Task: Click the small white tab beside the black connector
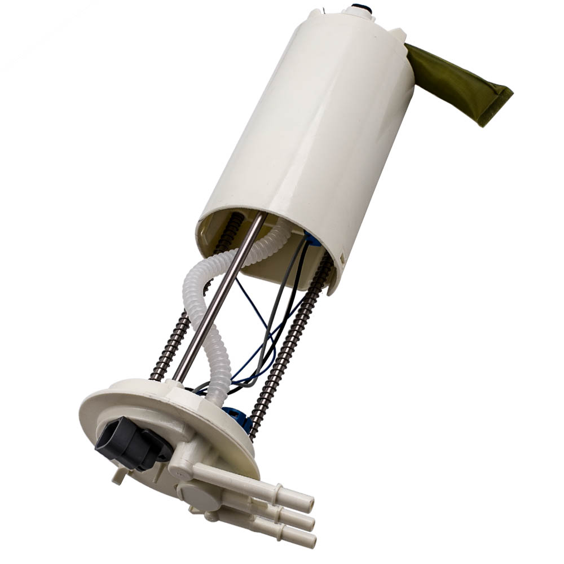coord(118,477)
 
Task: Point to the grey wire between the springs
coord(276,316)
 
